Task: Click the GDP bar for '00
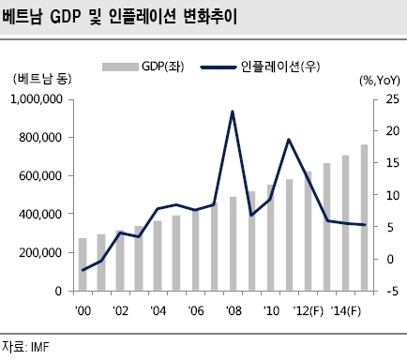click(x=83, y=264)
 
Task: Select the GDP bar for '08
click(x=234, y=244)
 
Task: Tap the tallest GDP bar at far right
click(x=364, y=217)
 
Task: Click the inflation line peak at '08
click(x=233, y=112)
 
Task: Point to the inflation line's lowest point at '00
click(x=83, y=270)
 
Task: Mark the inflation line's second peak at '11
click(x=289, y=140)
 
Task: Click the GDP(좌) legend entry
click(x=143, y=67)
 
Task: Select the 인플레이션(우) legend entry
click(x=260, y=67)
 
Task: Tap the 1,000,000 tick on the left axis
click(x=37, y=99)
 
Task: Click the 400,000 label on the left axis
click(x=40, y=215)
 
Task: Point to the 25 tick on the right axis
click(x=393, y=99)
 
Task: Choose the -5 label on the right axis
click(x=393, y=292)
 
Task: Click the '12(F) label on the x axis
click(x=308, y=311)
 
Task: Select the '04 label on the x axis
click(x=158, y=311)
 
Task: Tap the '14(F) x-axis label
click(x=346, y=311)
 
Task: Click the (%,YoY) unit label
click(x=380, y=81)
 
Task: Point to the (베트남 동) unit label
click(x=42, y=79)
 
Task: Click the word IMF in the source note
click(x=40, y=347)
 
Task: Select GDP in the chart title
click(x=65, y=16)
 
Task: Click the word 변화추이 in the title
click(x=209, y=16)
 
